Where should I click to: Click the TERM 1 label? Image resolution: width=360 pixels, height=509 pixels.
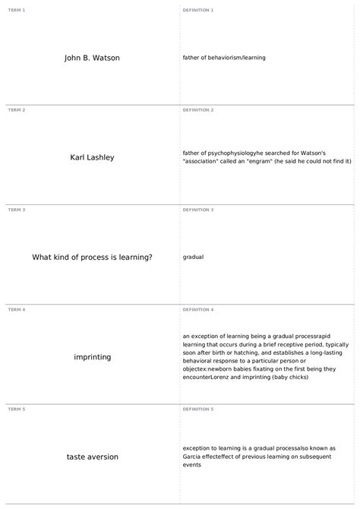(x=17, y=10)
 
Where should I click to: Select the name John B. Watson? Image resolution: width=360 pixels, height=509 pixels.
(x=92, y=58)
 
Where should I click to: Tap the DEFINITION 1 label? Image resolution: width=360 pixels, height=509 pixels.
(x=198, y=10)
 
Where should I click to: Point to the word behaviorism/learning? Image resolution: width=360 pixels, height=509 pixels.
(x=241, y=58)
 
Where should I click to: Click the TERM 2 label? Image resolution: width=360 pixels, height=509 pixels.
(x=17, y=110)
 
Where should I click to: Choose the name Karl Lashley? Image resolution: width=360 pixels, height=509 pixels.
(x=92, y=157)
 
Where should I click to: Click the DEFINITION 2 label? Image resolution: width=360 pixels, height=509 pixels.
(x=198, y=110)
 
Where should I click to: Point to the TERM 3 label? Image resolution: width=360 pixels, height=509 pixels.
(x=17, y=210)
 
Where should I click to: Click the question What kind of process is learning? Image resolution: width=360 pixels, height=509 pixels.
(x=92, y=257)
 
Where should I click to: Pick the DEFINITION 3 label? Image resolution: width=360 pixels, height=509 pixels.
(x=198, y=210)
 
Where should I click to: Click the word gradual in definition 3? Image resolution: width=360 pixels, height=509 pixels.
(x=193, y=257)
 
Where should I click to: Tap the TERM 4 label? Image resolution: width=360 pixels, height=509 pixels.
(x=17, y=310)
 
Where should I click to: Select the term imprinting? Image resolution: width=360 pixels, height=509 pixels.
(x=92, y=357)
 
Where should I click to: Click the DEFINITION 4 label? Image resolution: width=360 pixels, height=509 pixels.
(x=198, y=310)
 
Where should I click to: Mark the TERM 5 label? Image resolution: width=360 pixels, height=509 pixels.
(x=17, y=409)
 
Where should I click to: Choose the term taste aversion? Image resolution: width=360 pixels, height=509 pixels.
(x=92, y=457)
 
